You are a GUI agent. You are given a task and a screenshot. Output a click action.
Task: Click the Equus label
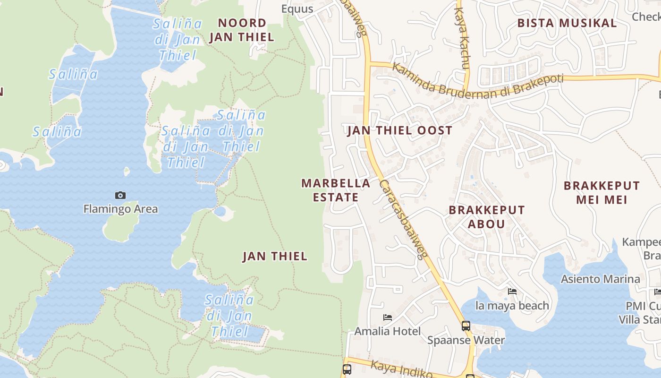tap(297, 9)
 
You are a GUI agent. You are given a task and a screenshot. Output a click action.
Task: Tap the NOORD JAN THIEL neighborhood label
tap(241, 30)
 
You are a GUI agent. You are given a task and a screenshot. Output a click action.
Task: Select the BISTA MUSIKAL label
tap(567, 23)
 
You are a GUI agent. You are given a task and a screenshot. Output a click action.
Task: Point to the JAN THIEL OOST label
tap(399, 131)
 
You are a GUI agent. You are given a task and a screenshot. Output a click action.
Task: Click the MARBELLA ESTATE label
tap(336, 190)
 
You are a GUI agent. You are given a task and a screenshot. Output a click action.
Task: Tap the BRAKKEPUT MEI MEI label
tap(602, 192)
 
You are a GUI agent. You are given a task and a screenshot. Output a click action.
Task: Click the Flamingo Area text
tap(120, 209)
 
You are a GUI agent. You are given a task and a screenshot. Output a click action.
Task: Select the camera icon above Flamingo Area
tap(120, 195)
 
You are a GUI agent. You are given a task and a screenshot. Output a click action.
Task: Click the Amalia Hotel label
tap(387, 331)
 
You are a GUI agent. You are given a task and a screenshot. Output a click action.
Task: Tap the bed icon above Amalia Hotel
tap(388, 318)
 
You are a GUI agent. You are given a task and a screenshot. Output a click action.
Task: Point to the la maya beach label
tap(512, 306)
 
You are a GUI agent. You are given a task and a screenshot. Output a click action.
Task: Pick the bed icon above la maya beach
tap(512, 292)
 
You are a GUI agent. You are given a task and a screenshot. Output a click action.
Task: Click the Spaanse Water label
tap(466, 340)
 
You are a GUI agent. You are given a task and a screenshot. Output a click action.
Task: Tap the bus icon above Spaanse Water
tap(466, 326)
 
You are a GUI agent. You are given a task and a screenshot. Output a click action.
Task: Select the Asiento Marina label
tap(600, 279)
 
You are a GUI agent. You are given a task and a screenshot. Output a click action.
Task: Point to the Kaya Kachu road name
tap(462, 35)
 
